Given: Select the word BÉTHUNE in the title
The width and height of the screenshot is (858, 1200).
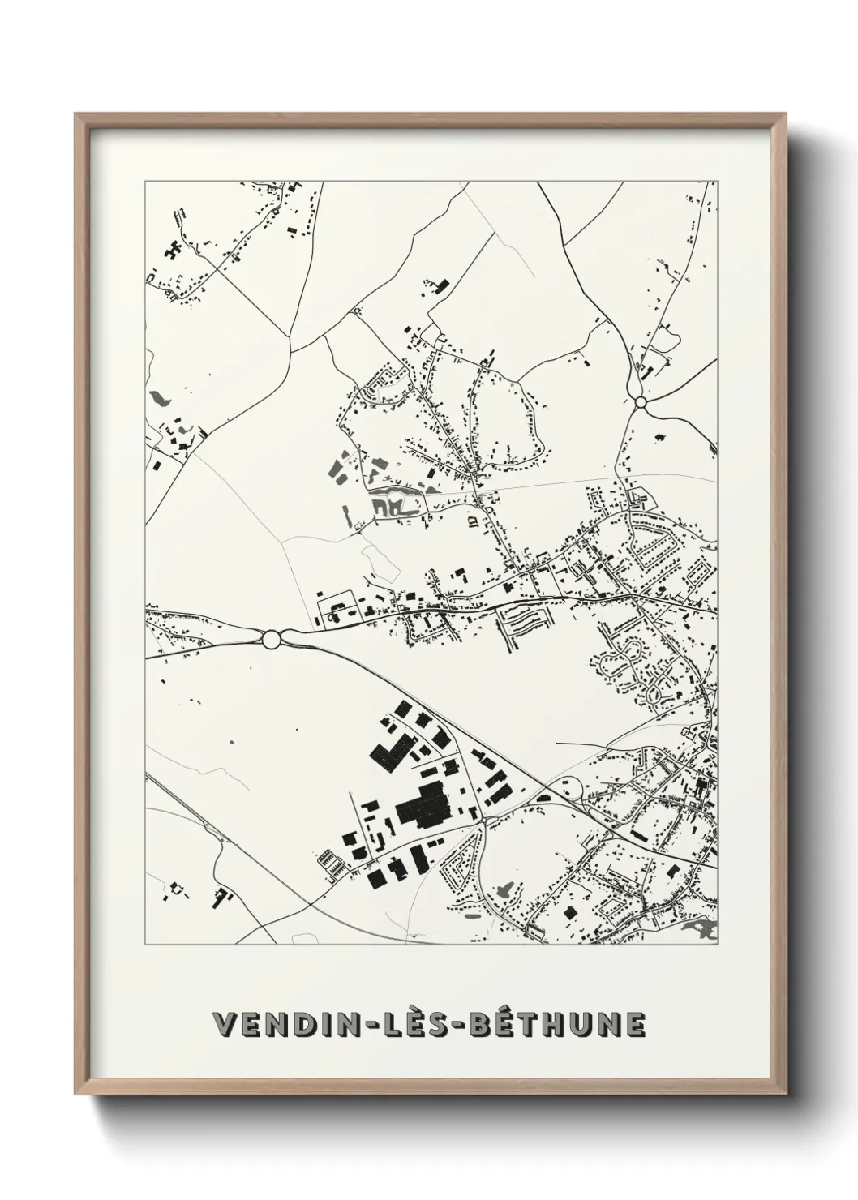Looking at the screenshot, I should [555, 1024].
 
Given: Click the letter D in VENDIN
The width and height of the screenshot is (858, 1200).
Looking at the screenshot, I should [289, 1024].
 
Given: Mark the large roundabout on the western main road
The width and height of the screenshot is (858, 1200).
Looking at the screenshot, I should [272, 639].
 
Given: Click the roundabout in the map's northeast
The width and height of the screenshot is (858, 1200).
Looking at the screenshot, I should [640, 401].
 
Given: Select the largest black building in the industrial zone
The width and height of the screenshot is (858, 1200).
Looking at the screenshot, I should [423, 804].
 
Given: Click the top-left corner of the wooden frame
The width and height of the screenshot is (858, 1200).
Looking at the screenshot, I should [76, 114].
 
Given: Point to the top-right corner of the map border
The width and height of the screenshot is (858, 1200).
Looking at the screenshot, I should [717, 182].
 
